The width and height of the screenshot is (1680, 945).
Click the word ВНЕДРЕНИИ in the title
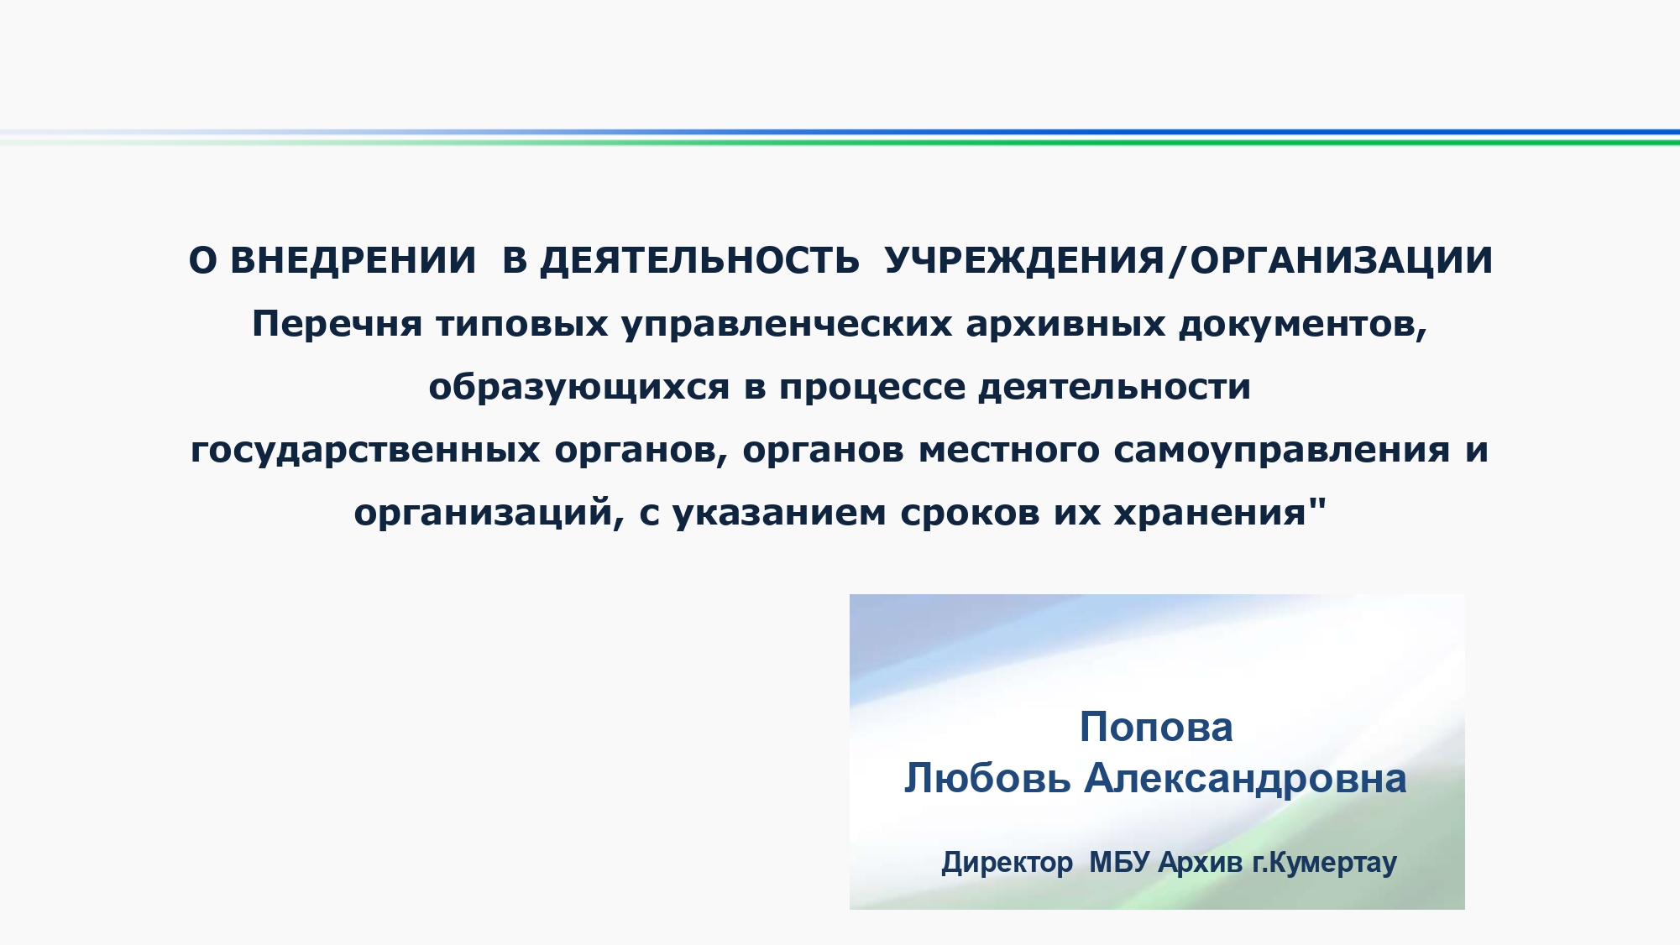tap(353, 260)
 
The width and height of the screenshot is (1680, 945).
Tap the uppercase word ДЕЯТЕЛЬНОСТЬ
tap(699, 261)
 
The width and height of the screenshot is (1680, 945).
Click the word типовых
tap(521, 324)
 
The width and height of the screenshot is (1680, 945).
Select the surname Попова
tap(1156, 727)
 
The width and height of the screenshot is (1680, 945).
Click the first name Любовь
tap(987, 778)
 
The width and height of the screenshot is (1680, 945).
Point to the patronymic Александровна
tap(1246, 780)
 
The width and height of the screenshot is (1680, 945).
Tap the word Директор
tap(1007, 863)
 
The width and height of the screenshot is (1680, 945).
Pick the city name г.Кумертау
tap(1325, 864)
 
